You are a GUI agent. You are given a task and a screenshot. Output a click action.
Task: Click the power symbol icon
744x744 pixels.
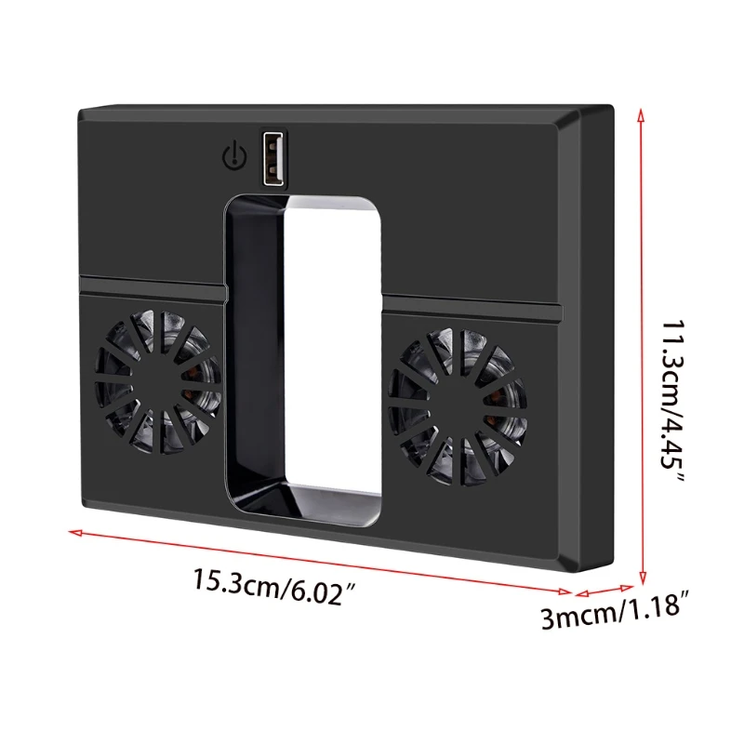(x=233, y=153)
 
